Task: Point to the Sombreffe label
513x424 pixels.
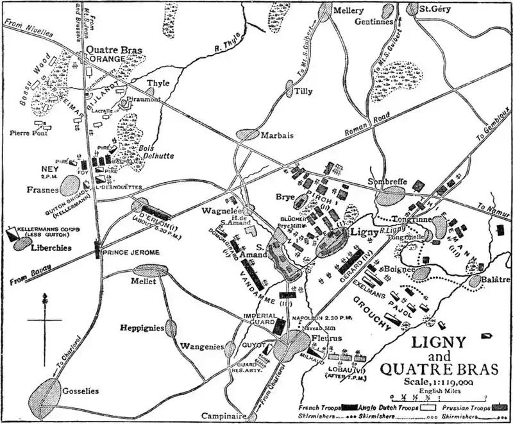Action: point(386,182)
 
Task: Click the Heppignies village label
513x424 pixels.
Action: point(142,327)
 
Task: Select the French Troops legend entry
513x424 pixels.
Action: point(321,407)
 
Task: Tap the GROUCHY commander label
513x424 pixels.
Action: point(372,316)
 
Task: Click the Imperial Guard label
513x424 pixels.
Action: point(259,319)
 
